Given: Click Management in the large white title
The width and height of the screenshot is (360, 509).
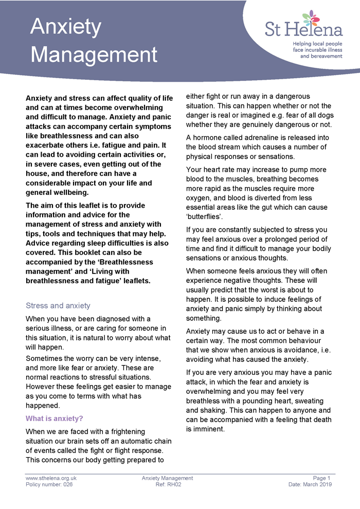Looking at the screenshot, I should pos(97,55).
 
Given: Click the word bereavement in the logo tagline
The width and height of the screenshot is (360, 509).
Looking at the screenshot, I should pos(321,56).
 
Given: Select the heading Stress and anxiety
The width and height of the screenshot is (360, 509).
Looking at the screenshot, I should pos(58,305).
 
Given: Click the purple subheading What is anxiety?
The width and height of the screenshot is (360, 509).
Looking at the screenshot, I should pos(55,418).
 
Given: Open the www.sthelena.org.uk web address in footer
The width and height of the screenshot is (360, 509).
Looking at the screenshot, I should pos(51,478).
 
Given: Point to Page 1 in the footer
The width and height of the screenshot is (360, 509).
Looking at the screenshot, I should pos(322,478).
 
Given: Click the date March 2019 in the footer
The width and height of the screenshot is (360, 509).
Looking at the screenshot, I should pos(318,484).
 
